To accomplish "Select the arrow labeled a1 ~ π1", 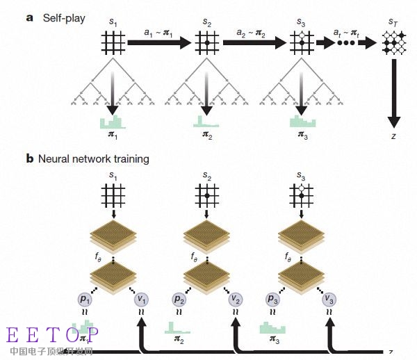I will tap(159, 43).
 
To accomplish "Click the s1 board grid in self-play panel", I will tap(113, 43).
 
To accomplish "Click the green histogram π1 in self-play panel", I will tap(113, 124).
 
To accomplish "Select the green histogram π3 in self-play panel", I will tap(302, 122).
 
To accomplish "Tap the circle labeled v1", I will tap(142, 298).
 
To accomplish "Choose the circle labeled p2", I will tap(179, 298).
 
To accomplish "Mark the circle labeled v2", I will tap(235, 298).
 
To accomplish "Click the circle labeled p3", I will tap(272, 298).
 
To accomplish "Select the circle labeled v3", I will tap(329, 298).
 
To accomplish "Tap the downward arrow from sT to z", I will tap(393, 90).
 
